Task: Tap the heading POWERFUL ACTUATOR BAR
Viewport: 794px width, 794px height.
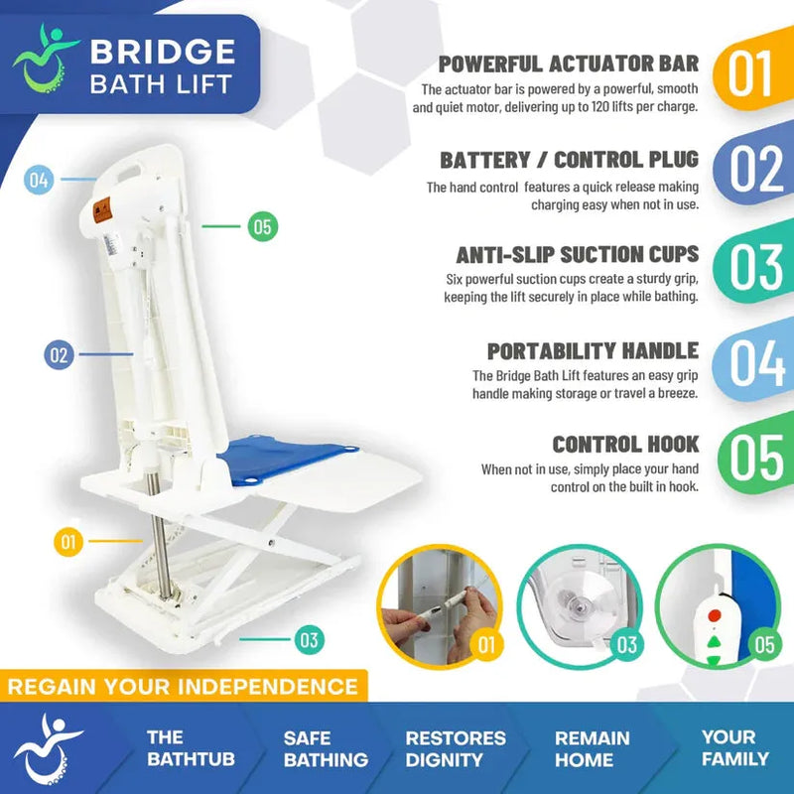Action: [x=569, y=65]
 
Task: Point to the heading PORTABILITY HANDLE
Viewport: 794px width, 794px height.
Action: [x=593, y=350]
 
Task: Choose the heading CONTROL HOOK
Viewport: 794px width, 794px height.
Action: [x=625, y=445]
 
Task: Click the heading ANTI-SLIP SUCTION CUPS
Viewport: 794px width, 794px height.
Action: [x=578, y=254]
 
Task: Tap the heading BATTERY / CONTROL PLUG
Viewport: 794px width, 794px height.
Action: [x=570, y=160]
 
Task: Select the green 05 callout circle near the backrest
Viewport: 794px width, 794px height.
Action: [x=262, y=227]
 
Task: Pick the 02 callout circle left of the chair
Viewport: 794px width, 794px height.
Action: [x=60, y=354]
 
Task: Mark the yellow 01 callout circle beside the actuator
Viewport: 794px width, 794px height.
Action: [x=67, y=542]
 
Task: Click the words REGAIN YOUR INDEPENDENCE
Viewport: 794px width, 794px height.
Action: [x=185, y=686]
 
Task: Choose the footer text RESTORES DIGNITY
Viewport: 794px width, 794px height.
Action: [x=456, y=748]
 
